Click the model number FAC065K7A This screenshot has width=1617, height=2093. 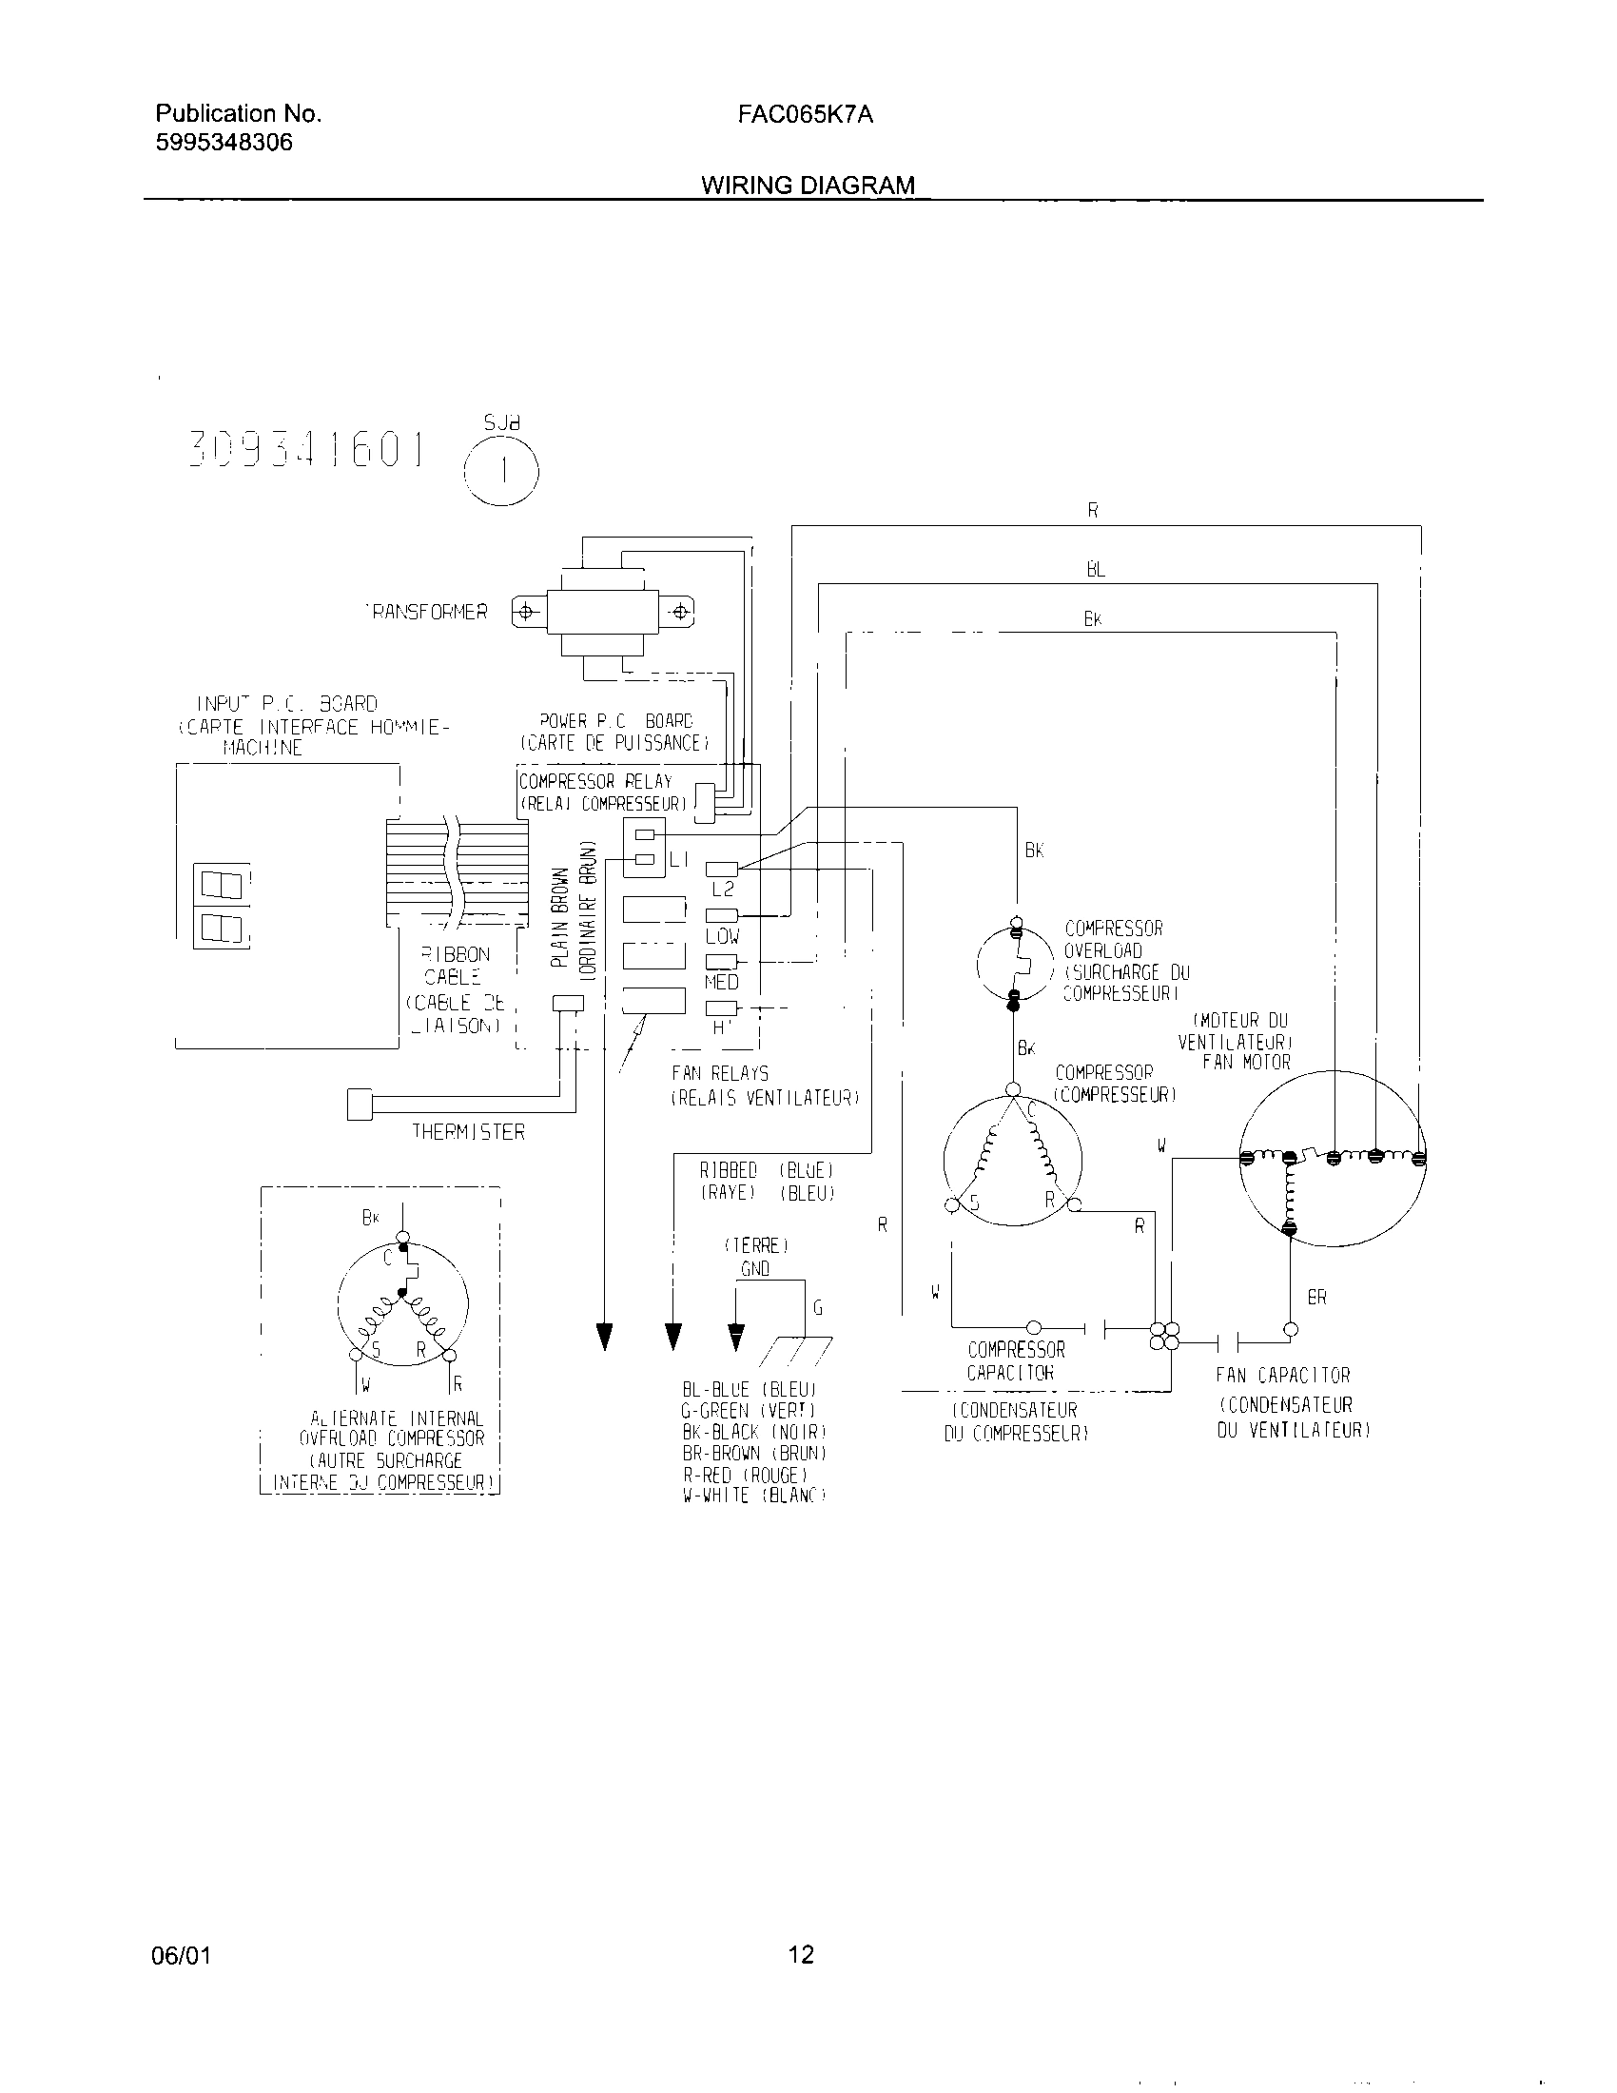tap(805, 115)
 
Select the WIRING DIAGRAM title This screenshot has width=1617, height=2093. tap(808, 185)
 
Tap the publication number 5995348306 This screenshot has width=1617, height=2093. tap(224, 143)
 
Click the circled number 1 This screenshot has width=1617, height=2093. tap(501, 471)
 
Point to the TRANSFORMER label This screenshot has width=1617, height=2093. tap(427, 612)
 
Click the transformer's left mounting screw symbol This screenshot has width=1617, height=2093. tap(525, 612)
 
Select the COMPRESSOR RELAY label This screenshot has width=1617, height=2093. tap(594, 781)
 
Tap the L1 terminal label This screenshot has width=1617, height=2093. tap(679, 861)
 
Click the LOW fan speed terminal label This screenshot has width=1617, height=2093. tap(721, 936)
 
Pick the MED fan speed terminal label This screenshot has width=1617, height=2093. tap(721, 983)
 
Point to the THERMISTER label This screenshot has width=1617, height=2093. tap(468, 1132)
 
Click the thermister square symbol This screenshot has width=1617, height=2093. tap(360, 1104)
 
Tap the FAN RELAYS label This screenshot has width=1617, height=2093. tap(719, 1073)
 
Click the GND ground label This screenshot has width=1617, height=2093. tap(755, 1269)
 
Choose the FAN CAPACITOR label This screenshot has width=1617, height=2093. tap(1283, 1376)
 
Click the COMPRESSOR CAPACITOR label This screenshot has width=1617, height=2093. tap(1016, 1360)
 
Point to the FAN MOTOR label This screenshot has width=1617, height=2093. tap(1246, 1062)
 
